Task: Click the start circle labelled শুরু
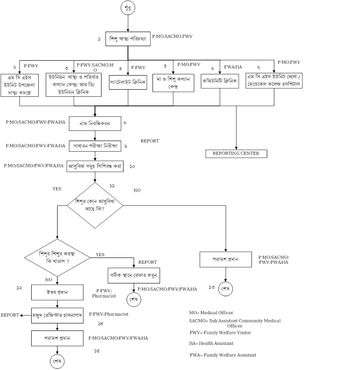point(128,8)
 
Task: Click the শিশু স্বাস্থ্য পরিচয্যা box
point(127,39)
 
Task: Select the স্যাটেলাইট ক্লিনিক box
point(128,82)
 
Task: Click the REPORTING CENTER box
point(236,153)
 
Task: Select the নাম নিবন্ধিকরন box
point(95,123)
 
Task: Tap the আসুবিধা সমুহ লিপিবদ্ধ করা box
point(95,167)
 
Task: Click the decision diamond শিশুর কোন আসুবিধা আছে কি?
point(95,205)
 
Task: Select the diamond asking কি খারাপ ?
point(58,257)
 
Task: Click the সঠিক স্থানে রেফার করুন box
point(134,276)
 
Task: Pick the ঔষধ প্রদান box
point(58,292)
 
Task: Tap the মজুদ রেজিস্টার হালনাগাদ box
point(58,315)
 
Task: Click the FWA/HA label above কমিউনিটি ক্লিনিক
point(233,67)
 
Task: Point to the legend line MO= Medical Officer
point(211,312)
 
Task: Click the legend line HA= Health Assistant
point(211,343)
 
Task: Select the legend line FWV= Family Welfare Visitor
point(220,333)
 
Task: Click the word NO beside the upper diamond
point(137,191)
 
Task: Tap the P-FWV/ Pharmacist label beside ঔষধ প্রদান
point(104,294)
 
